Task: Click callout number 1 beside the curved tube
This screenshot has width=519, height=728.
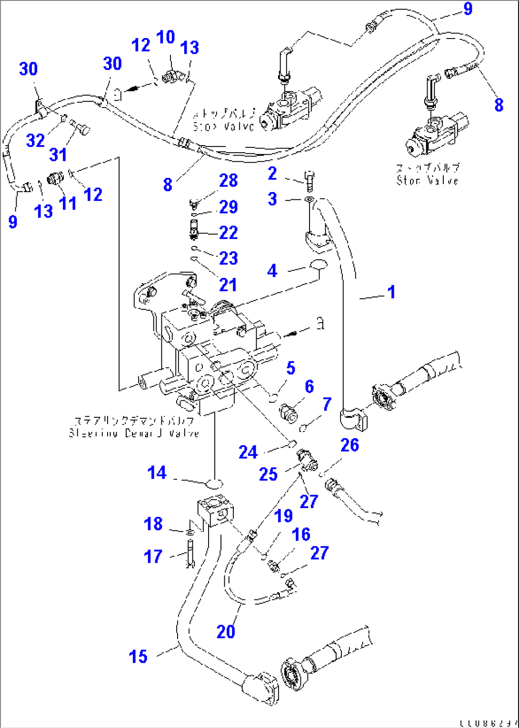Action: tap(391, 292)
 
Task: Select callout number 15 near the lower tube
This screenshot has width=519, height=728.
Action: tap(138, 657)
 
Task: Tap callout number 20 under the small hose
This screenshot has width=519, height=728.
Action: tap(226, 631)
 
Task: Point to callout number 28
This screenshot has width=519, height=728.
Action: tap(228, 181)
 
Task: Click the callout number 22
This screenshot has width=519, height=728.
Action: tap(228, 233)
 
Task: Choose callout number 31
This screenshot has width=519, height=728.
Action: tap(58, 154)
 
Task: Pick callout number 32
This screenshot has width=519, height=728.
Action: tap(35, 140)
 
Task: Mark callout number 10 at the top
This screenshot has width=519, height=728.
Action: tap(165, 37)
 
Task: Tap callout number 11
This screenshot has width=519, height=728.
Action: tap(67, 203)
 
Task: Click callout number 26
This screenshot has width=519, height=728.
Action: tap(349, 445)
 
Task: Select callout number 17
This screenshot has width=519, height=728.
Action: tap(153, 556)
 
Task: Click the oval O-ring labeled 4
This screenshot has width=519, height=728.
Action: tap(318, 264)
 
